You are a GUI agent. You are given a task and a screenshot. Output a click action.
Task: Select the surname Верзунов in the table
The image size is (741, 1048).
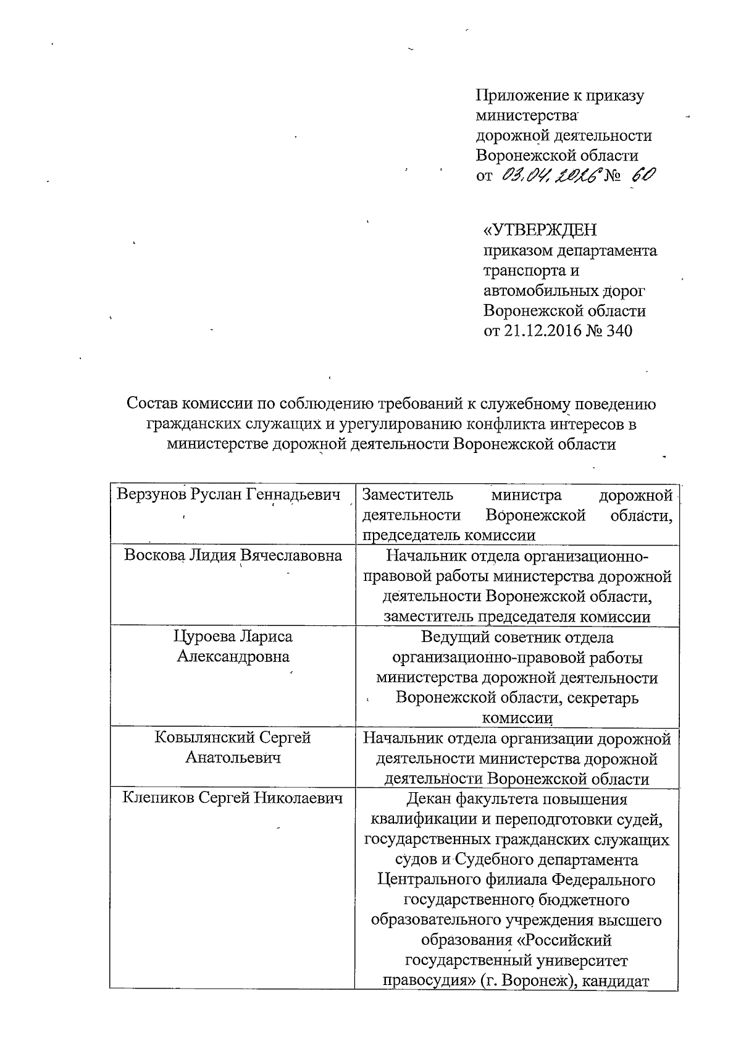point(151,494)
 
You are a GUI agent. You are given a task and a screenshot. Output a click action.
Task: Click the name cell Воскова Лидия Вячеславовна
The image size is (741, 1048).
point(233,555)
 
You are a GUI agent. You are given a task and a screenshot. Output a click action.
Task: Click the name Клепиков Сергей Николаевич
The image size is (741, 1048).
point(233,798)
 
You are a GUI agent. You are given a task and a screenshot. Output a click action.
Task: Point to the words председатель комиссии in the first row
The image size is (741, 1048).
point(448,535)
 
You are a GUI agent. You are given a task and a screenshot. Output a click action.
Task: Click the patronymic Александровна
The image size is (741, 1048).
point(233,656)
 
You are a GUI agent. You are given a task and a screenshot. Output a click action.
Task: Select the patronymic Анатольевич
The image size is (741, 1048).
point(233,757)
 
